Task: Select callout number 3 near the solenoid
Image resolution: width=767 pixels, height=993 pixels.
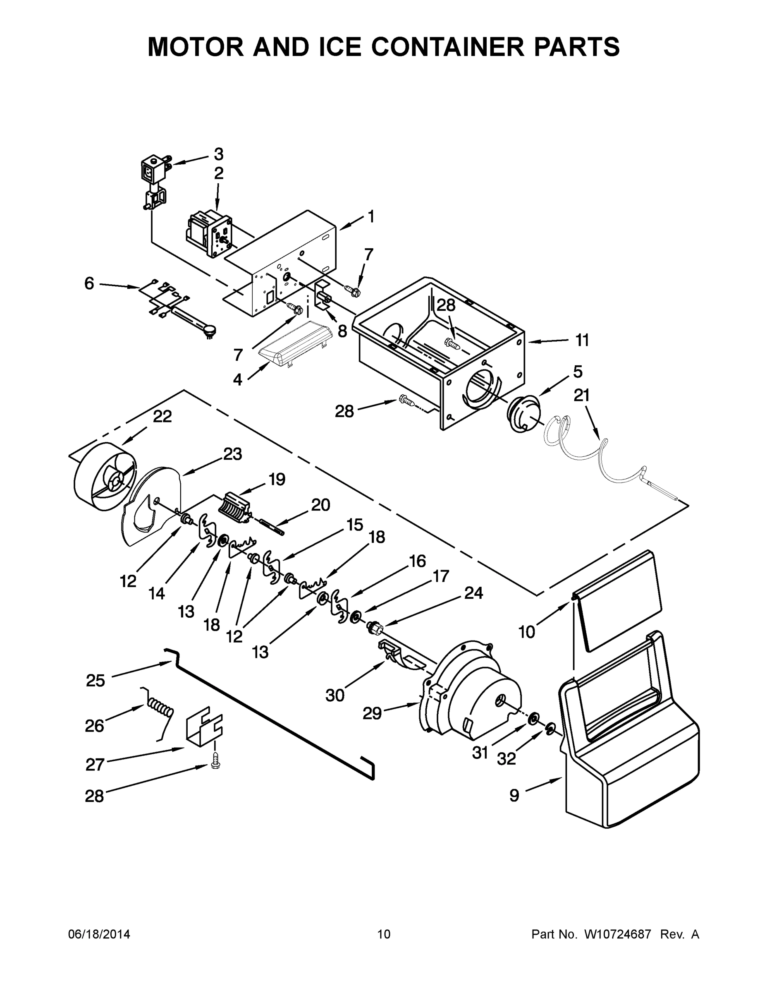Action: point(219,154)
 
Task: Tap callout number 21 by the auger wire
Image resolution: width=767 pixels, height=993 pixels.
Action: point(581,395)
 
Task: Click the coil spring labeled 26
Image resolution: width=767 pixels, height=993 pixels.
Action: point(160,708)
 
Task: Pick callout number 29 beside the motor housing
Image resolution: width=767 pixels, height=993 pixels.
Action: point(372,713)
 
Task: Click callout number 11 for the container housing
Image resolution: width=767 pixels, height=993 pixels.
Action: point(582,340)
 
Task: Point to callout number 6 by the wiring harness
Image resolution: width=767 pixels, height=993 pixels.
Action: point(89,283)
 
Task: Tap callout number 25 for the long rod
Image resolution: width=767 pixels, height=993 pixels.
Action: point(96,681)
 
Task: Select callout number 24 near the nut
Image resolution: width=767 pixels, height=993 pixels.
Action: point(473,593)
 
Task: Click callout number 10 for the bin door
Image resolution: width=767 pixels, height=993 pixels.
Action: point(527,631)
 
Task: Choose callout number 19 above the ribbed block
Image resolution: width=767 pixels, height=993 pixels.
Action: point(276,479)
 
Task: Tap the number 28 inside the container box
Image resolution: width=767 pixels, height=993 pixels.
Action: point(446,305)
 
